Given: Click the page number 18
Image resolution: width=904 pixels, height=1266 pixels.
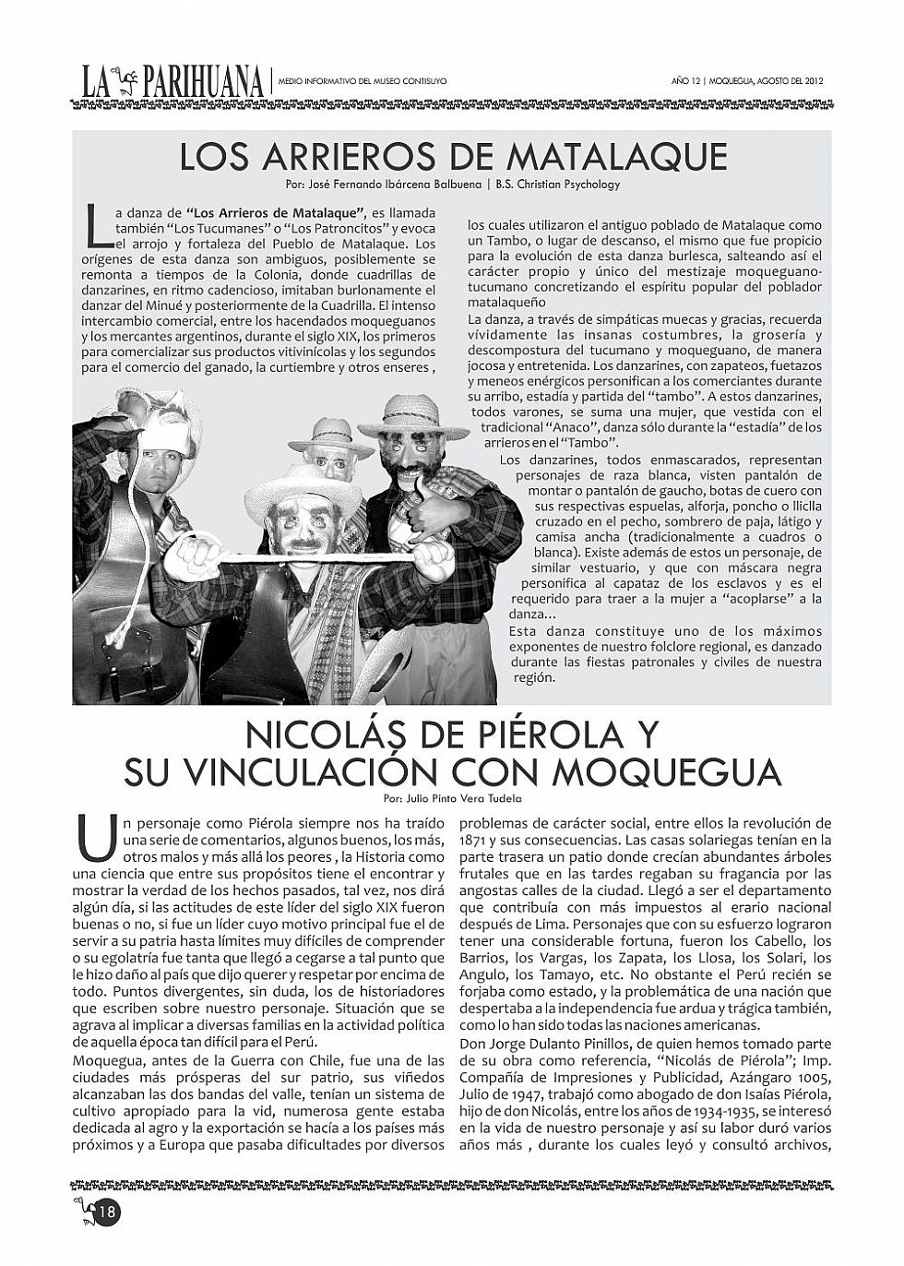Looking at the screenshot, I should [x=108, y=1210].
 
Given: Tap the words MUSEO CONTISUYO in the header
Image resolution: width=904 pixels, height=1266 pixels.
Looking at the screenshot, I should [x=412, y=81].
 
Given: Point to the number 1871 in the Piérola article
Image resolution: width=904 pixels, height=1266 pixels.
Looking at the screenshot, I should [x=475, y=841].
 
